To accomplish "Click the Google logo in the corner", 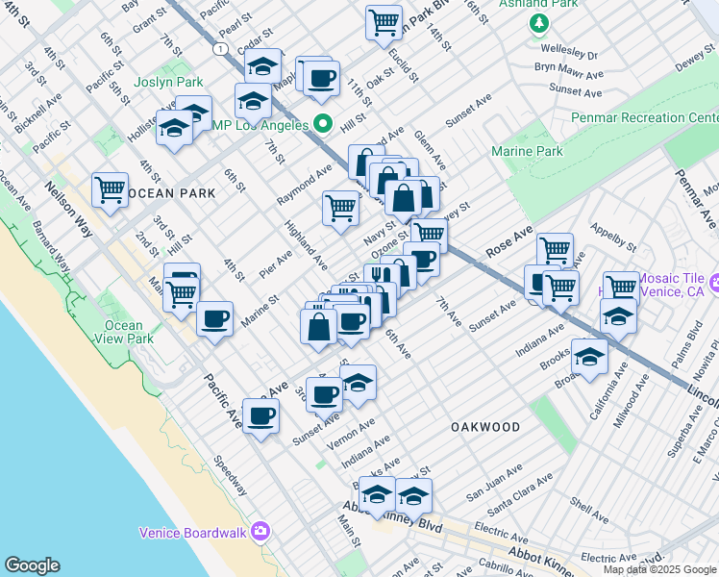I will pyautogui.click(x=32, y=565).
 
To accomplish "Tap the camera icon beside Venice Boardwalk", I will pyautogui.click(x=260, y=532).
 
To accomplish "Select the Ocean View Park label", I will pyautogui.click(x=130, y=332).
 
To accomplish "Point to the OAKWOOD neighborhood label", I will pyautogui.click(x=485, y=427).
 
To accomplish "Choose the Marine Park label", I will pyautogui.click(x=527, y=152).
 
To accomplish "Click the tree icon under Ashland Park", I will pyautogui.click(x=539, y=23).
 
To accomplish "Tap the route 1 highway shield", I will pyautogui.click(x=221, y=48).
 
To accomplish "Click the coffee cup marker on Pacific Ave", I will pyautogui.click(x=260, y=416).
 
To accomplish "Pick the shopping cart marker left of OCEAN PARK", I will pyautogui.click(x=111, y=188).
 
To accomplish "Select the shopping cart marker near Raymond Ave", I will pyautogui.click(x=340, y=207).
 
